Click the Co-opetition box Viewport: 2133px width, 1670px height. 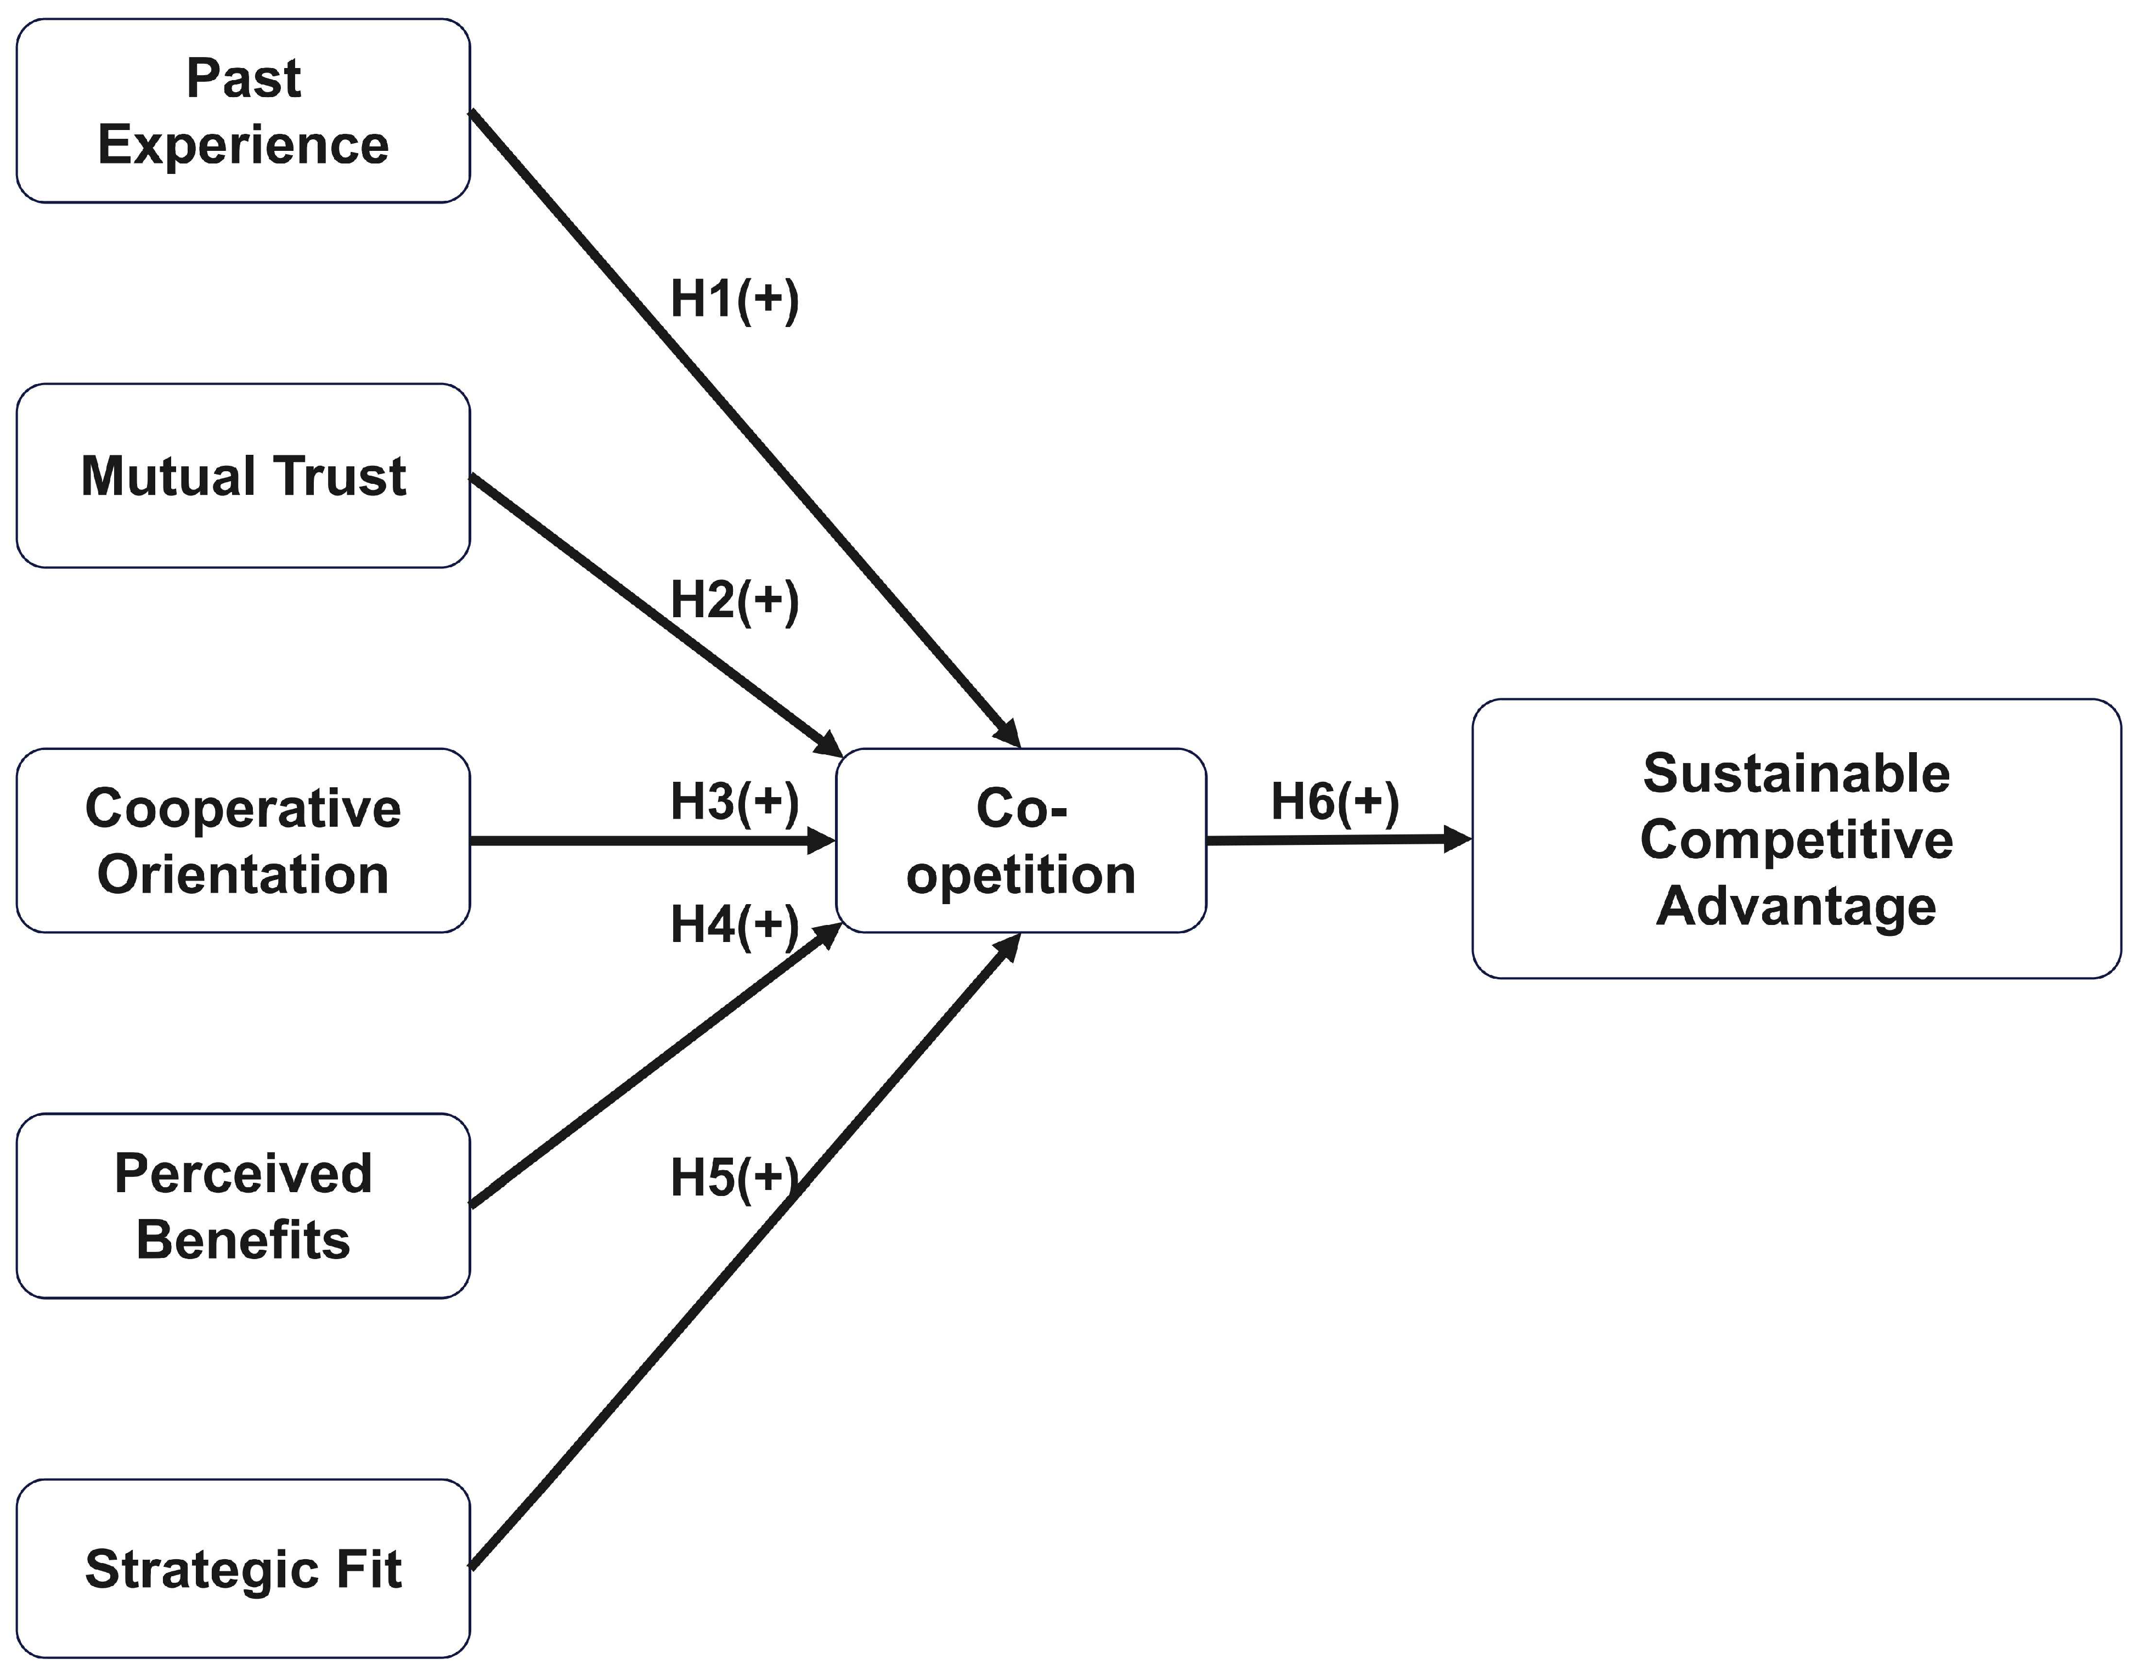[x=1020, y=841]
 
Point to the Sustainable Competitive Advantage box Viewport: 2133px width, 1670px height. [x=1796, y=839]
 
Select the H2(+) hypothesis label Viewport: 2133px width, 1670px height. [x=734, y=600]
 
